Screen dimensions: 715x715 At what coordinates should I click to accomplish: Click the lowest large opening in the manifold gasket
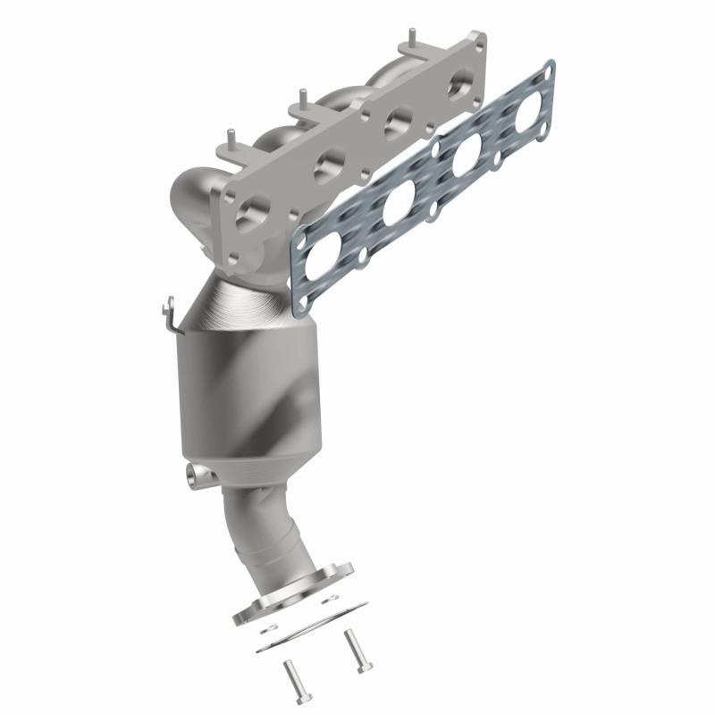tap(325, 260)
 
